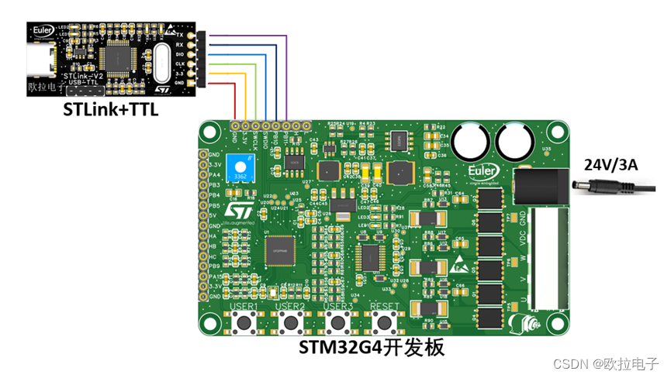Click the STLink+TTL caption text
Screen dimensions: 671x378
pos(111,110)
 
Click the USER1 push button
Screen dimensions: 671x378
pos(245,323)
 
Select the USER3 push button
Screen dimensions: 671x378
pos(337,323)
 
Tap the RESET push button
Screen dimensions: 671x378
pos(384,323)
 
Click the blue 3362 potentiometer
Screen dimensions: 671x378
pos(244,167)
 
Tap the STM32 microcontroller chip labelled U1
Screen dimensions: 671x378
pos(279,250)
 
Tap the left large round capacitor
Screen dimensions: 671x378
pos(471,142)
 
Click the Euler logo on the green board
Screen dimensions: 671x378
pos(483,170)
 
